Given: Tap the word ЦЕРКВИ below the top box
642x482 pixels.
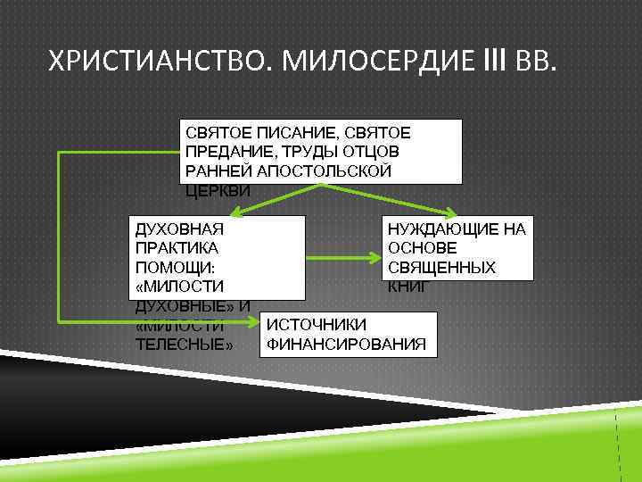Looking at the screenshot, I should tap(219, 191).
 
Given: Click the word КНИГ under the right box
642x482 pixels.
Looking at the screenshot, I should tap(407, 287).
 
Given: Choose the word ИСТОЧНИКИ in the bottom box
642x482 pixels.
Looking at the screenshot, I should tap(317, 324).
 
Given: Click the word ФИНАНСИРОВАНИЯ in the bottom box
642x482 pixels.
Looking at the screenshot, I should tap(347, 344).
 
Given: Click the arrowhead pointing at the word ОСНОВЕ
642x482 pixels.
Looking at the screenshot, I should tap(378, 260).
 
